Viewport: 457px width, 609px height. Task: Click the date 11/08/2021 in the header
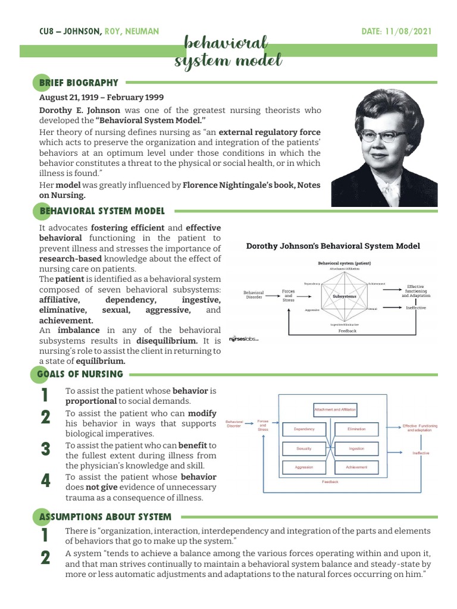409,32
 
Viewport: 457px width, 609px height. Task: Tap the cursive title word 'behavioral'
226,43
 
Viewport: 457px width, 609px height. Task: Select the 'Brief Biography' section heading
79,83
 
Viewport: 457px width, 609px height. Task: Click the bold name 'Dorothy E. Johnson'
80,110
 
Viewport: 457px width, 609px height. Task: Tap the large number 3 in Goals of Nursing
46,449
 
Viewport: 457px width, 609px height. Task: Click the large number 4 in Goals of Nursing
46,481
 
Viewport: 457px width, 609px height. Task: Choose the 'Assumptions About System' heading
105,517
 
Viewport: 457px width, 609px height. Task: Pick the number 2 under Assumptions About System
46,558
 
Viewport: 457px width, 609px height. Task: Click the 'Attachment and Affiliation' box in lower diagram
335,409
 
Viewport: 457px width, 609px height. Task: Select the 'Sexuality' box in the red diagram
303,448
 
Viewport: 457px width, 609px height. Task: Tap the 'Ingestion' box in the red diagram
356,448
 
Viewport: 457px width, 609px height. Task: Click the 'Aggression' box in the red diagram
303,467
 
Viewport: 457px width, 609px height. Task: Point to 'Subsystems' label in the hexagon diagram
345,296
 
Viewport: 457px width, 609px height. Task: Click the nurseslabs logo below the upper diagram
243,340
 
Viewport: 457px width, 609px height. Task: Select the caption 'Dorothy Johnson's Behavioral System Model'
333,246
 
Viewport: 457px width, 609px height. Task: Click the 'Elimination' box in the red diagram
356,429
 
